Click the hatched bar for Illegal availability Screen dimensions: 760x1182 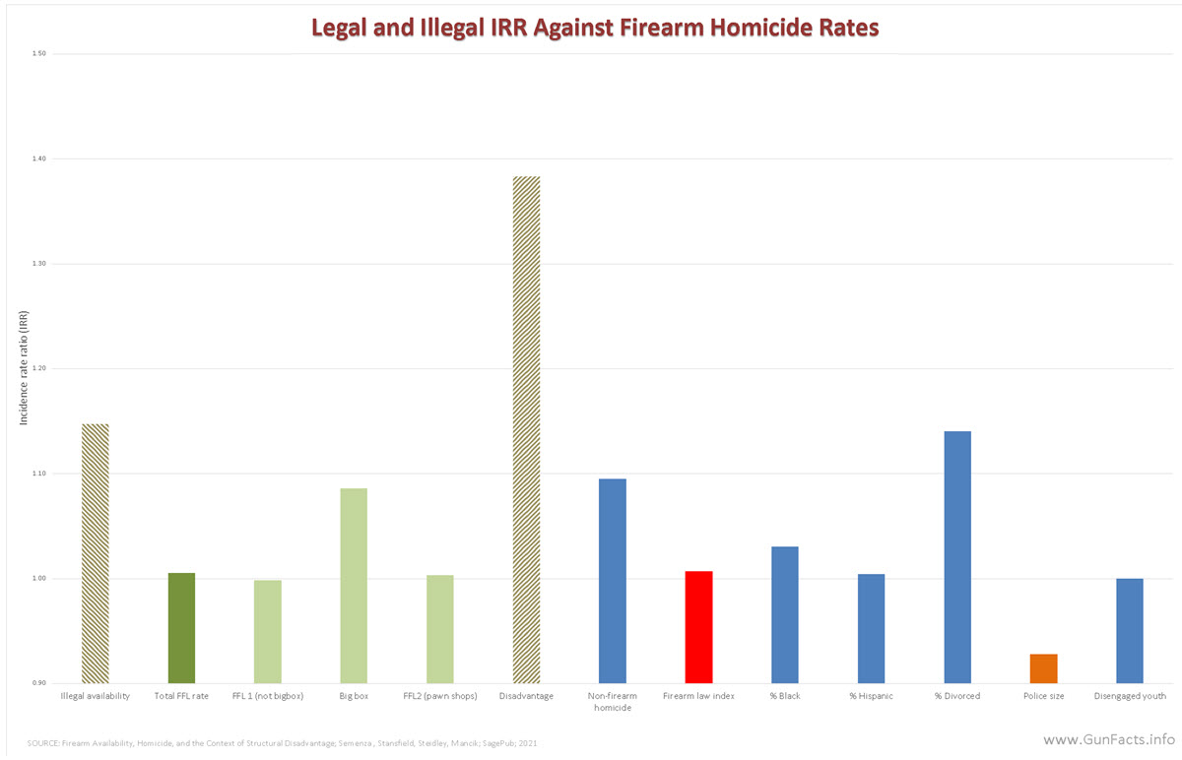95,553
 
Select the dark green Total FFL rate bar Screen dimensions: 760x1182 181,627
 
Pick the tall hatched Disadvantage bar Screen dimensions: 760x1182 526,429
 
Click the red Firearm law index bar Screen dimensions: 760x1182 698,626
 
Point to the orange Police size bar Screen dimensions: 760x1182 1044,668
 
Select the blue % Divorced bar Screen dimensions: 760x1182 957,556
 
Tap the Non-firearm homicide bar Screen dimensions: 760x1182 613,580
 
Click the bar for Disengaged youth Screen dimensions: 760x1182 1130,630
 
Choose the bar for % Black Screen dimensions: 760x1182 785,614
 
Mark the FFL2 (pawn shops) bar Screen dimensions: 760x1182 440,628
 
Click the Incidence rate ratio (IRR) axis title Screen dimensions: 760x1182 24,368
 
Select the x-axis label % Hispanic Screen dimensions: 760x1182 871,697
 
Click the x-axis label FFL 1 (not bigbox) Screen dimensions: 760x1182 267,697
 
